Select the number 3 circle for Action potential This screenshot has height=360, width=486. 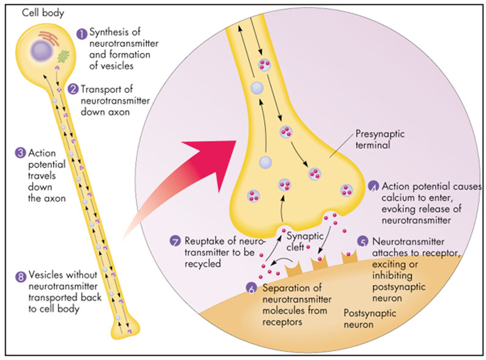[11, 153]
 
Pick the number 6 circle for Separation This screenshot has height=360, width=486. [252, 287]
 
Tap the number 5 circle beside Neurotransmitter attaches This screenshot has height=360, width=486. [363, 241]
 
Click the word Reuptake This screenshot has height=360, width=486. [200, 241]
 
